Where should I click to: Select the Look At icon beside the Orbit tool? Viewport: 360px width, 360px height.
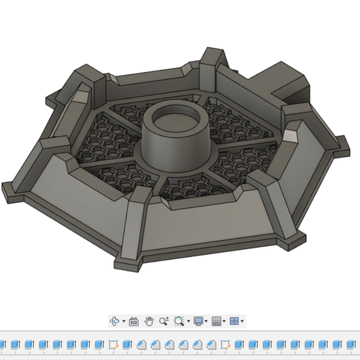[134, 321]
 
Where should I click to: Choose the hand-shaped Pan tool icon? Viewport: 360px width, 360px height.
[149, 321]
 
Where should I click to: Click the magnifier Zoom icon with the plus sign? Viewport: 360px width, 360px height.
[164, 321]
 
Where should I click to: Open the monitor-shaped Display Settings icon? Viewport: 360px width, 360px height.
[198, 321]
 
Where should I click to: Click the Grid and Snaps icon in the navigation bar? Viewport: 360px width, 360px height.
[216, 321]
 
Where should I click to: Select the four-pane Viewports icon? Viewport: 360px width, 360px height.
[234, 321]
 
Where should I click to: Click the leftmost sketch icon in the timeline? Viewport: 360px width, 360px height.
[112, 345]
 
